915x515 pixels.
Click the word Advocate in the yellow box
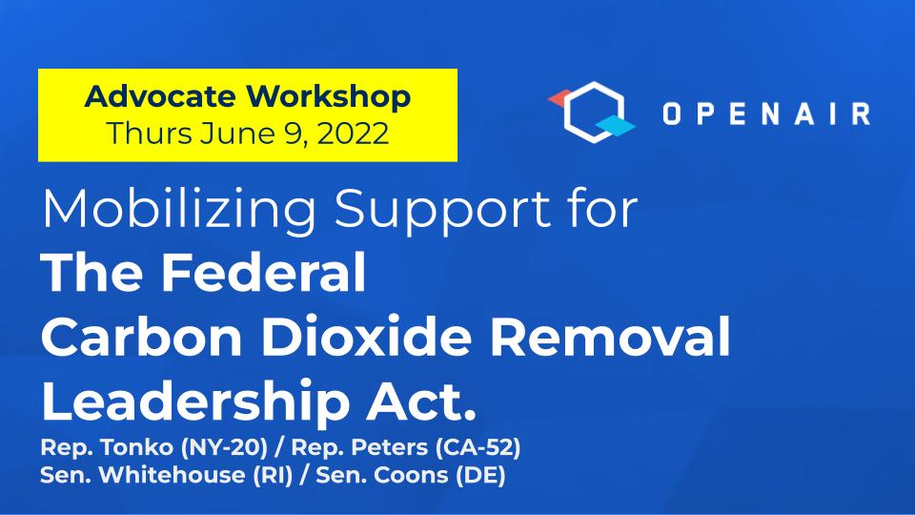coord(160,96)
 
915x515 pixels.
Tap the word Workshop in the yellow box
coord(328,97)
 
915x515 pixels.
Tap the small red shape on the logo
coord(559,98)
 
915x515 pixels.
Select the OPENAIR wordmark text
coord(766,113)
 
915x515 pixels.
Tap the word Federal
coord(263,272)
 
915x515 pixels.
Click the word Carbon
coord(142,336)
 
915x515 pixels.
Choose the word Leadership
coord(195,402)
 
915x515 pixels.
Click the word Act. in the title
coord(421,401)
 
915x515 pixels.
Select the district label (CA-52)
coord(478,448)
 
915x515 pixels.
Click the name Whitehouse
coord(172,475)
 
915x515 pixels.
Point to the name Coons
coord(411,475)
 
